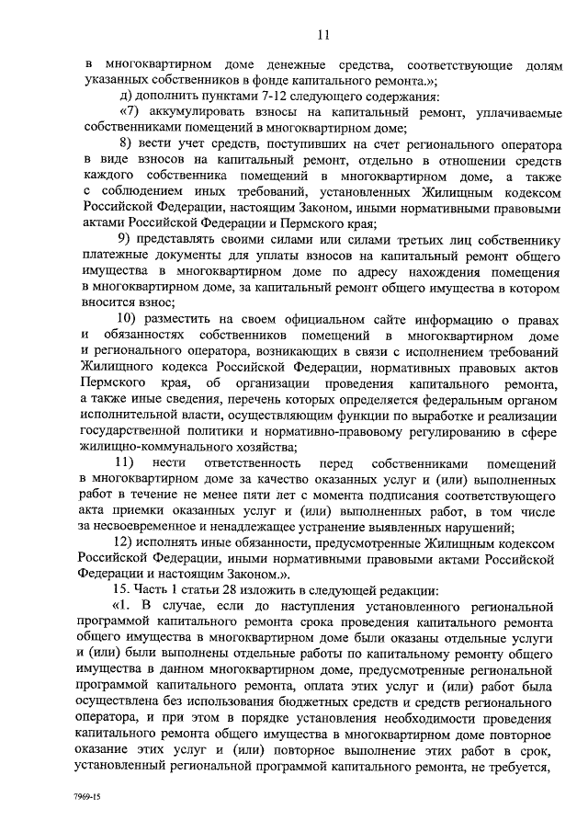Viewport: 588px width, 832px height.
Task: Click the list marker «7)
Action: [x=130, y=113]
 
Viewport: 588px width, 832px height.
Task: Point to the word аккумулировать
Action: [x=197, y=113]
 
